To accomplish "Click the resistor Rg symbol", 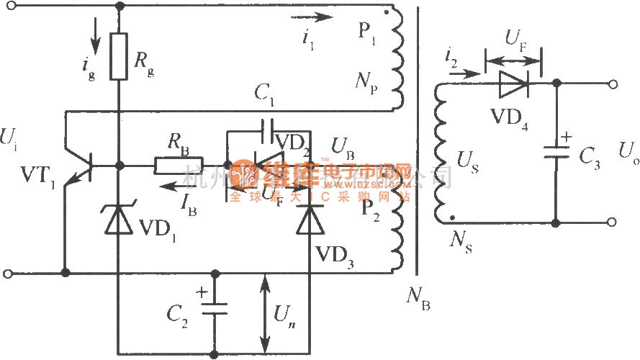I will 120,56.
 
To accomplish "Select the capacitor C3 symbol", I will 555,153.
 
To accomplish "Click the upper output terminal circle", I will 613,84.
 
